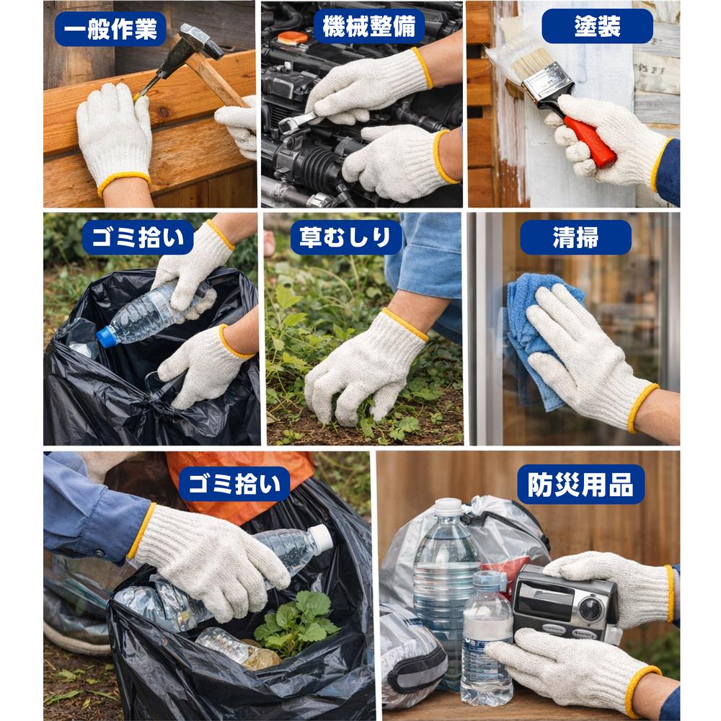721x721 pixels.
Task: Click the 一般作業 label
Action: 110,30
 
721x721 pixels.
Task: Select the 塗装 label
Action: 597,27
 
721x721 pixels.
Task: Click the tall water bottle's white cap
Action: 448,507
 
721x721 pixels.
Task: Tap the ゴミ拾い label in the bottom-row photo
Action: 234,484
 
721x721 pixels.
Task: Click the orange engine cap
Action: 293,37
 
